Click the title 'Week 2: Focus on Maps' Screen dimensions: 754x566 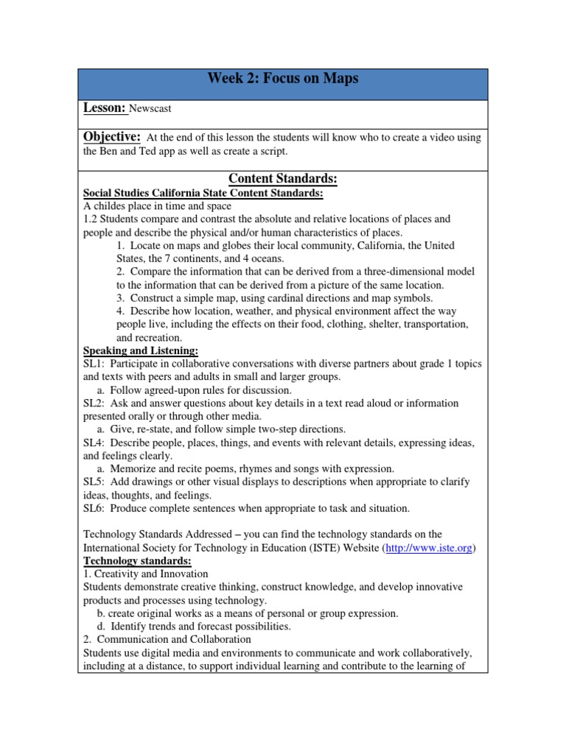pos(283,78)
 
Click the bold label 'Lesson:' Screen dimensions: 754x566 pos(105,108)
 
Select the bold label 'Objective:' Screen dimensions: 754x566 pos(112,137)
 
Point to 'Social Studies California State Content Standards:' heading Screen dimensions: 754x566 pos(203,193)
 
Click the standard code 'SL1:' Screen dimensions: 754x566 pos(94,364)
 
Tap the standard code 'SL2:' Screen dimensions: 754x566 pos(94,404)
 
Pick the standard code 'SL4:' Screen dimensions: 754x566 pos(94,443)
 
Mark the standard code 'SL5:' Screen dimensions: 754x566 pos(94,482)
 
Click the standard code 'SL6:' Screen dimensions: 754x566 pos(94,509)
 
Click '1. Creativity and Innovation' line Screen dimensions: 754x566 pos(146,574)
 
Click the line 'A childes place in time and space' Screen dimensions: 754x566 pos(158,206)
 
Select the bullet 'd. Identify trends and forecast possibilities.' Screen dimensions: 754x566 pos(194,627)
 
